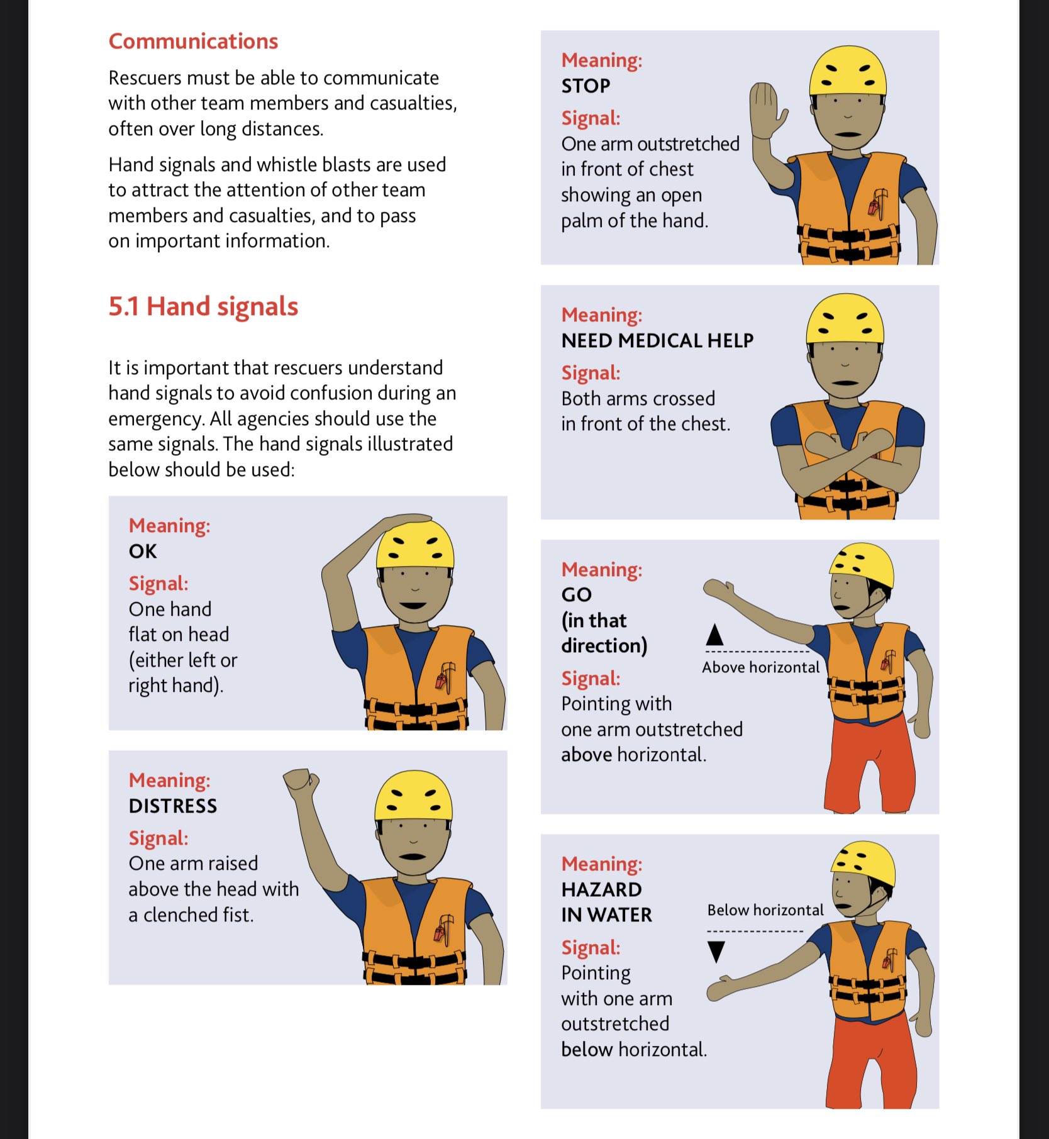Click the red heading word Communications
click(193, 42)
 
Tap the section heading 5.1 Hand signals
click(203, 307)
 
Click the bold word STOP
click(586, 86)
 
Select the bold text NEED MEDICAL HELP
click(657, 341)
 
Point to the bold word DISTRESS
click(173, 806)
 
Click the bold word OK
click(143, 552)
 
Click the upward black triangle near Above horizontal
click(714, 635)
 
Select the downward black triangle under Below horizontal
click(716, 951)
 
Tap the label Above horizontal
click(760, 667)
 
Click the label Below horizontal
click(765, 910)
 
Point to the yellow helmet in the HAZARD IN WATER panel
click(863, 864)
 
